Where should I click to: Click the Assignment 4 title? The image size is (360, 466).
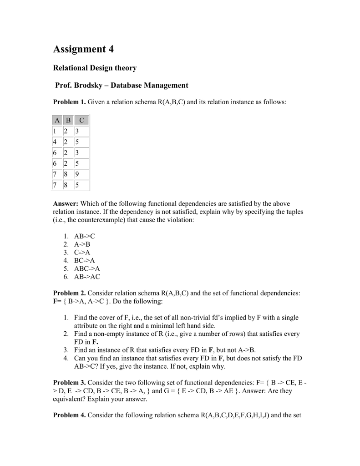coord(83,49)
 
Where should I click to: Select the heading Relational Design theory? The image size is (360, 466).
coord(95,68)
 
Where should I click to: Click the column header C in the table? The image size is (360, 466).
coord(81,121)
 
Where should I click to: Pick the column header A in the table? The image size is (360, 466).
coord(57,121)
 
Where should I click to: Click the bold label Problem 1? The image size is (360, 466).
coord(70,102)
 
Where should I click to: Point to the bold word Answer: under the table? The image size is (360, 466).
coord(66,203)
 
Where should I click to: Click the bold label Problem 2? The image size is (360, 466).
coord(70,293)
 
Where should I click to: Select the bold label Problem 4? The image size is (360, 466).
coord(70,415)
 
